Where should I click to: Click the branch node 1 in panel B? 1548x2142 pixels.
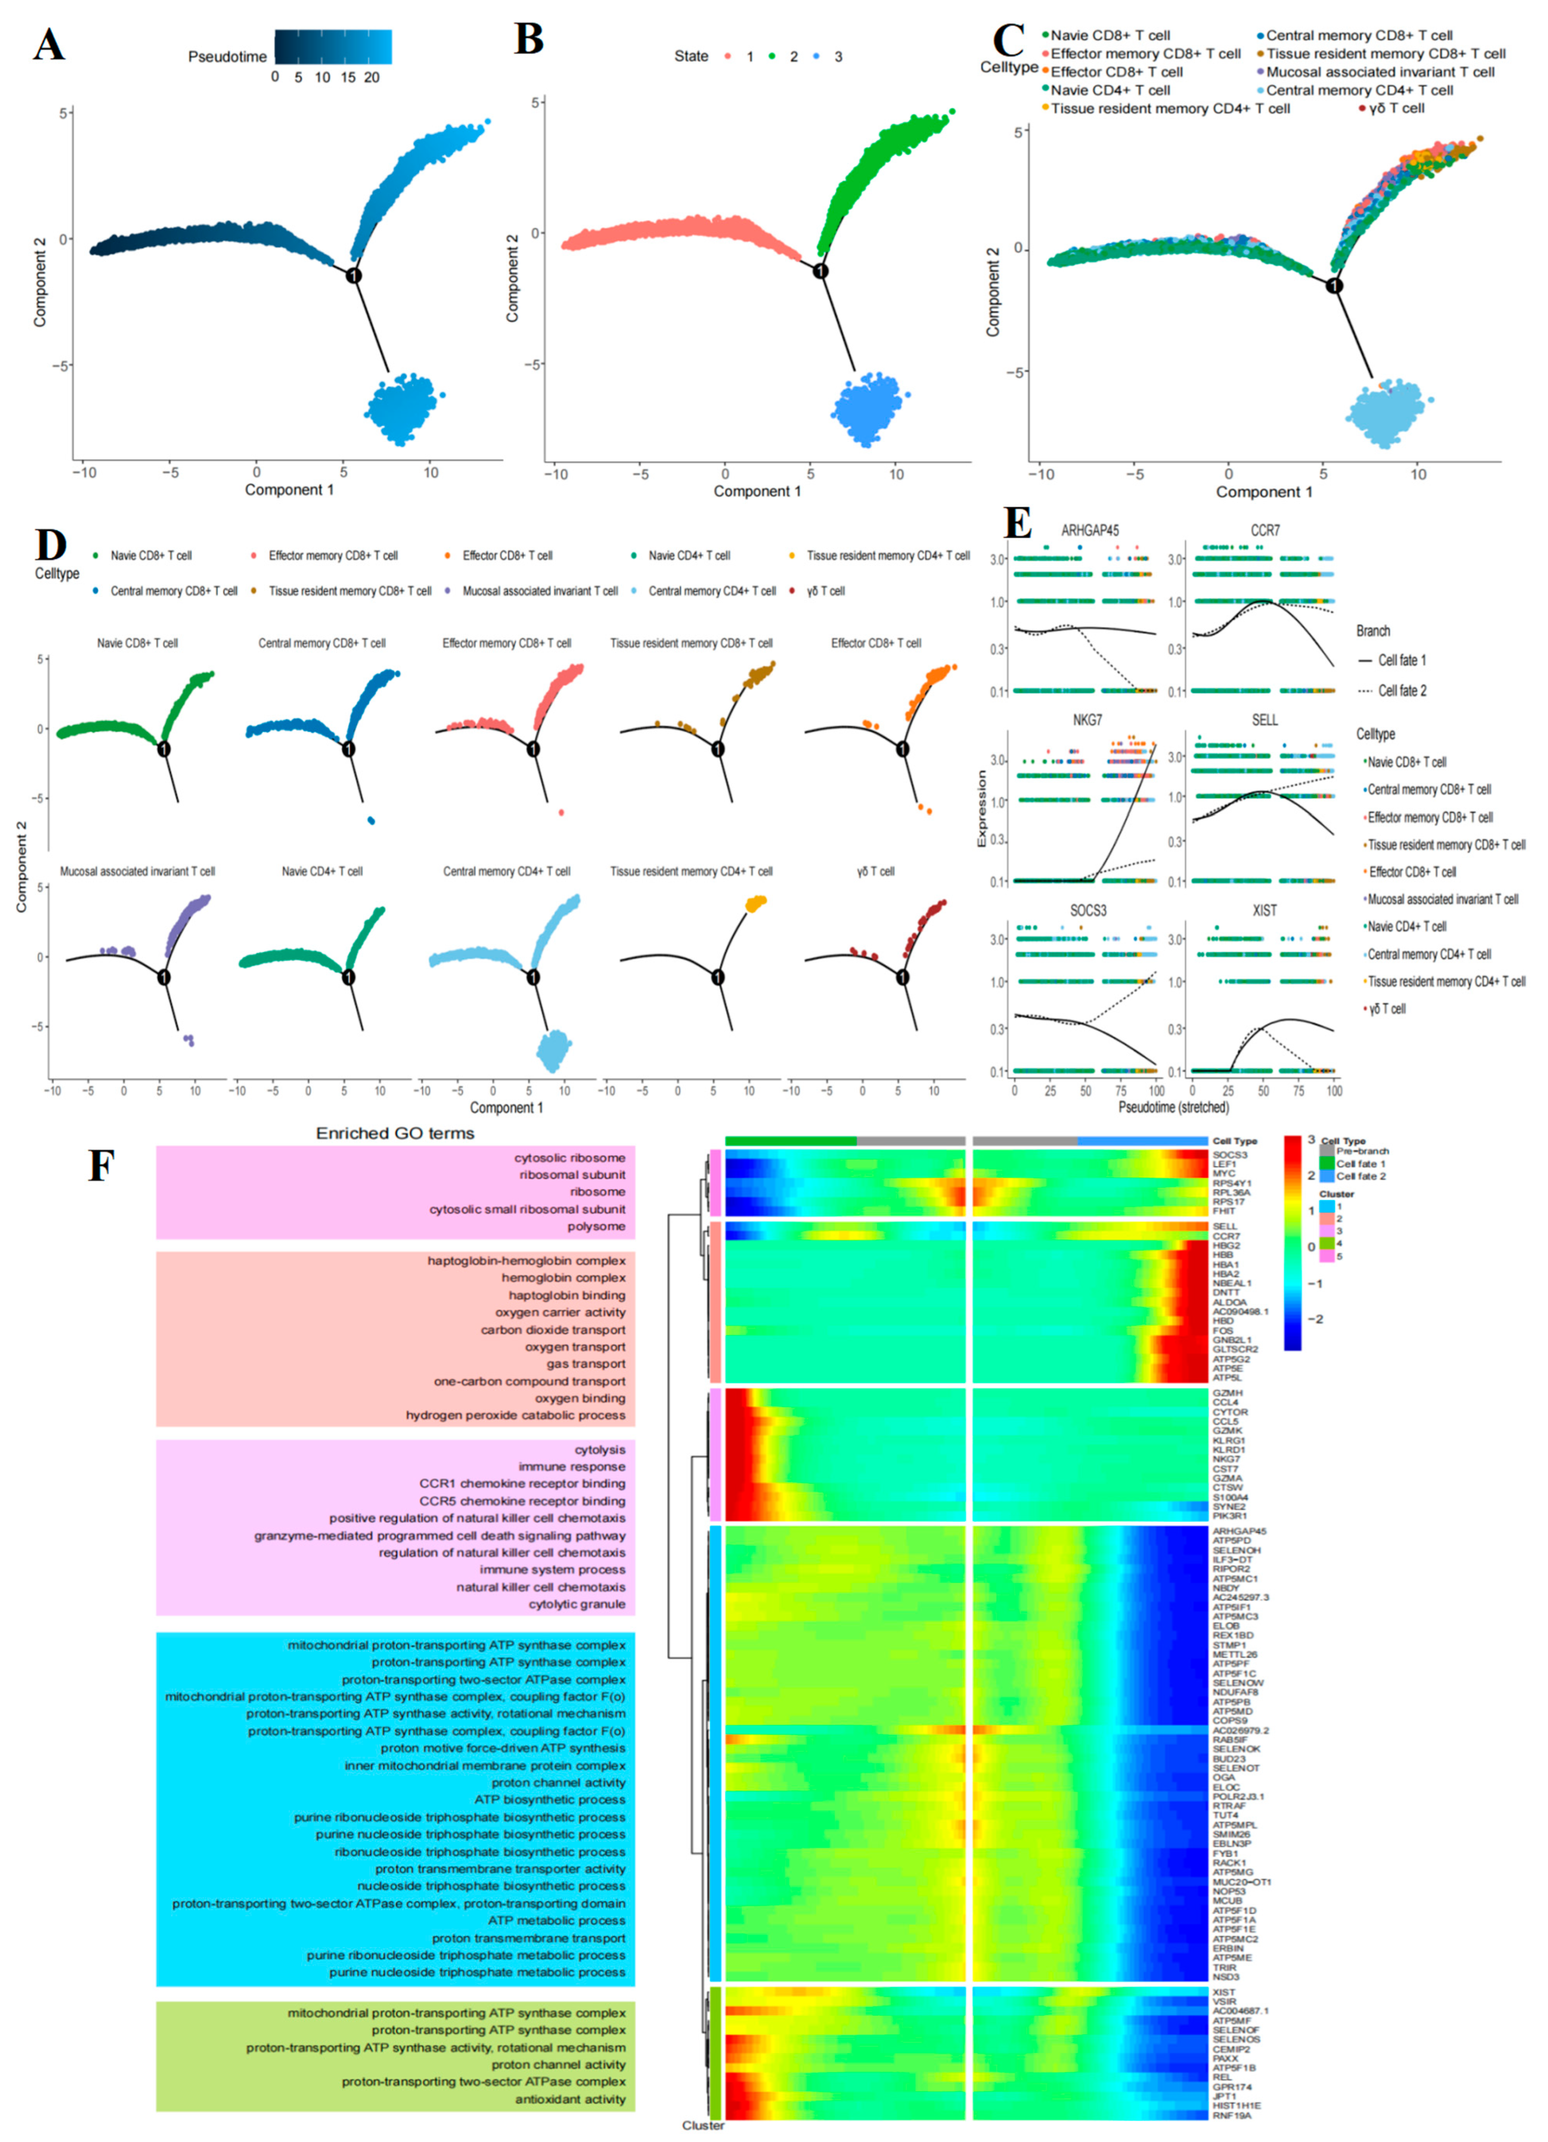[x=821, y=272]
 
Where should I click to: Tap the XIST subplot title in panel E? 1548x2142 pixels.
[x=1265, y=911]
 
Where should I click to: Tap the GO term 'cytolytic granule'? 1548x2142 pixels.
[x=577, y=1604]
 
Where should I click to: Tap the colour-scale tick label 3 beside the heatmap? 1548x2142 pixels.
[x=1311, y=1140]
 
